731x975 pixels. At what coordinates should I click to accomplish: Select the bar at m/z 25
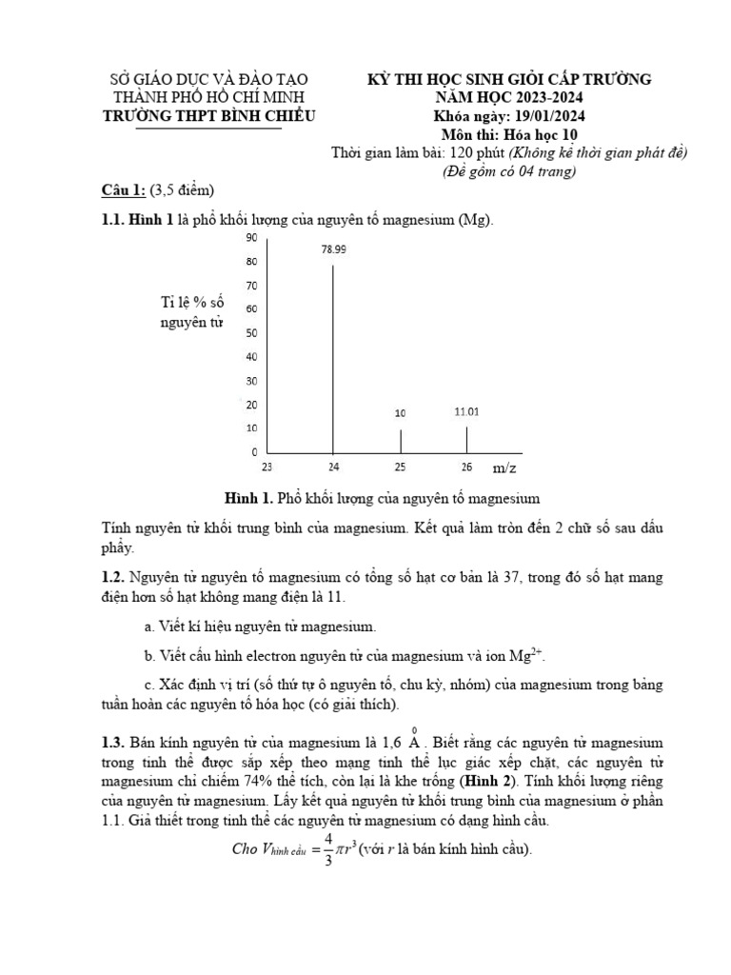[x=400, y=441]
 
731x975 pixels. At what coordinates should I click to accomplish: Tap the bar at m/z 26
[x=466, y=439]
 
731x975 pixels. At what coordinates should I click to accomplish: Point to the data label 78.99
[x=333, y=249]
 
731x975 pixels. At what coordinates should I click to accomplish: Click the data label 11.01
[x=466, y=412]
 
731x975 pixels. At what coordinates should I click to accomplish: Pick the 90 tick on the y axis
[x=251, y=237]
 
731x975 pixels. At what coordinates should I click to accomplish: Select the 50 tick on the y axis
[x=251, y=333]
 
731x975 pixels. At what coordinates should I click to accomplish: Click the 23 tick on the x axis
[x=267, y=468]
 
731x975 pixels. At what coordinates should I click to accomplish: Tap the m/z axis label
[x=504, y=468]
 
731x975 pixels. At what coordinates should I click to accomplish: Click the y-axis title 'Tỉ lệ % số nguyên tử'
[x=192, y=312]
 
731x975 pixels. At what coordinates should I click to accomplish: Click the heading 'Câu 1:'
[x=124, y=189]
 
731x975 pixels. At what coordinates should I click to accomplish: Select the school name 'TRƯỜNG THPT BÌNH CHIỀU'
[x=208, y=116]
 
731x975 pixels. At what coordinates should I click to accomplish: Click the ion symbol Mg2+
[x=526, y=656]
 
